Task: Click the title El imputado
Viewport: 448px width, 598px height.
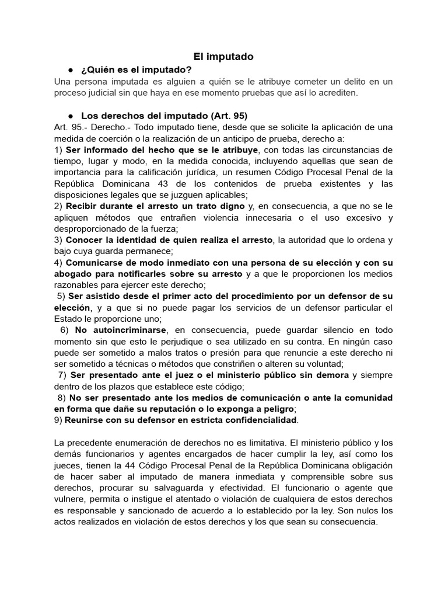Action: (224, 57)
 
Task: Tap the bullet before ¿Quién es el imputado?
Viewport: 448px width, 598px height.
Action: (69, 69)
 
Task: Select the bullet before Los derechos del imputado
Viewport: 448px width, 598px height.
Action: (69, 115)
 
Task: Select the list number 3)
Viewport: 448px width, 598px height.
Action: (58, 240)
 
